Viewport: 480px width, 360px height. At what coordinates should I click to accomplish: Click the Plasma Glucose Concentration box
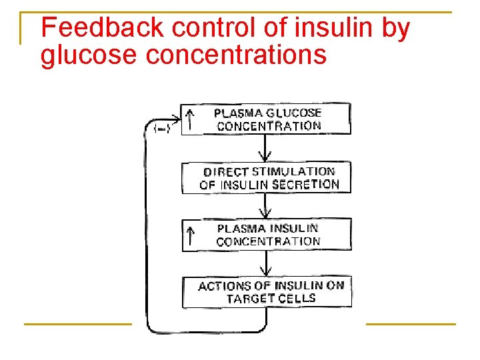266,119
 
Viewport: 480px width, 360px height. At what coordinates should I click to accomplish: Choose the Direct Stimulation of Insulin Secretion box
266,178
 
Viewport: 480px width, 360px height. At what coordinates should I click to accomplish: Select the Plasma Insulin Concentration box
266,235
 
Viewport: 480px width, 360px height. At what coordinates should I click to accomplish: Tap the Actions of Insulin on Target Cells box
267,292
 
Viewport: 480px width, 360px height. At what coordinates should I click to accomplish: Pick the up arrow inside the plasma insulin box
191,235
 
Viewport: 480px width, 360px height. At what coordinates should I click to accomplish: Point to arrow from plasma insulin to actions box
265,264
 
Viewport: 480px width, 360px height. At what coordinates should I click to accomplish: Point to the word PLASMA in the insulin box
240,229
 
